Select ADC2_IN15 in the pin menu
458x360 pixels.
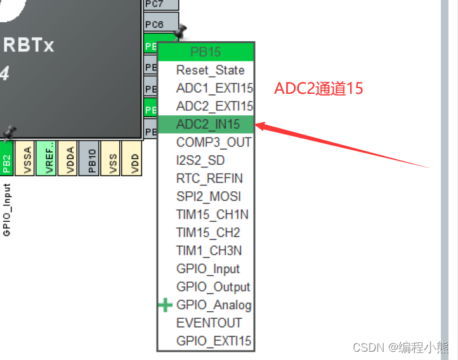[207, 124]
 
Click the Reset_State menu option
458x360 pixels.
[210, 70]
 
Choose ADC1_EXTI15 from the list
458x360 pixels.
[214, 88]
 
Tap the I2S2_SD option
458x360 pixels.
[200, 160]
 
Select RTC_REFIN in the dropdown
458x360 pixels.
[209, 178]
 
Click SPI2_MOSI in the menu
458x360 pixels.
[208, 196]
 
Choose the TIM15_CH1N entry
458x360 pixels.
[212, 214]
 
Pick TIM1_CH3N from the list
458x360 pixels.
[209, 250]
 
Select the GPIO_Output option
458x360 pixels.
[213, 286]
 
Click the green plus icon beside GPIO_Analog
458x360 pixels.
[165, 305]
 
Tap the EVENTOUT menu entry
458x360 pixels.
[209, 323]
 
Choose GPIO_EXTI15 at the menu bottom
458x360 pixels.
[214, 341]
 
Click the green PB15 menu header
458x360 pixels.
[206, 51]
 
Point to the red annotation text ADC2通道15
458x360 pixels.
[318, 88]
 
